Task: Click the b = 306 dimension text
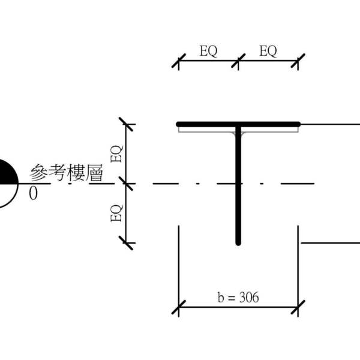tap(238, 298)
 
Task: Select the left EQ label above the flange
tap(208, 52)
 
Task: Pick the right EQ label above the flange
tap(268, 52)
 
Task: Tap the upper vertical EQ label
tap(118, 154)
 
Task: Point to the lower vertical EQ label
tap(118, 213)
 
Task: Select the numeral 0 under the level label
tap(33, 193)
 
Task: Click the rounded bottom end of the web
tap(238, 243)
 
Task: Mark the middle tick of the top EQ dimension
tap(238, 61)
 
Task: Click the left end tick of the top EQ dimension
tap(178, 61)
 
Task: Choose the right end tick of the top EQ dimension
tap(298, 61)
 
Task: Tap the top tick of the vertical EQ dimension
tap(127, 124)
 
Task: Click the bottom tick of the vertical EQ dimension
tap(127, 243)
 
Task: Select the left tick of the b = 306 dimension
tap(178, 309)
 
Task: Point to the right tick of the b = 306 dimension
tap(298, 309)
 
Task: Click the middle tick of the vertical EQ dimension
tap(127, 183)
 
